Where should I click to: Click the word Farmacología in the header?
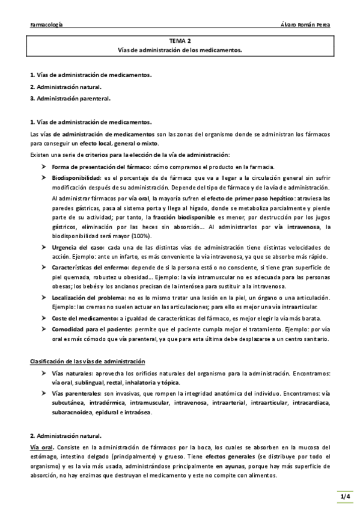[47, 25]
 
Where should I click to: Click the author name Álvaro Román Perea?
[305, 25]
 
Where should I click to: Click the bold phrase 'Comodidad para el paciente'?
[90, 330]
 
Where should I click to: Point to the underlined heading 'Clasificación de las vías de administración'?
[88, 361]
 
